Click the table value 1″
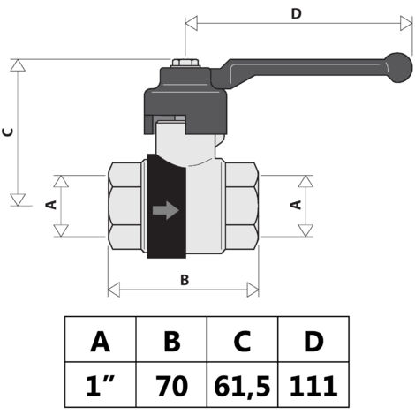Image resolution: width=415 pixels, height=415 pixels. pos(100,386)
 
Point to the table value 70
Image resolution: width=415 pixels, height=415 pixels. pos(172,386)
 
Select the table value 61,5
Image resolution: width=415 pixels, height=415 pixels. pos(242,386)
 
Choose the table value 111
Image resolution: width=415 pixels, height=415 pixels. pos(313,386)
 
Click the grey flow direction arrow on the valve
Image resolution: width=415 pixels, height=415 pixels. pos(166,210)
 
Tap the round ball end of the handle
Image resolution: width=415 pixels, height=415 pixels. pos(398,67)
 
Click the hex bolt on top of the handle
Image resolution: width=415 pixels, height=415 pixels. pos(185,63)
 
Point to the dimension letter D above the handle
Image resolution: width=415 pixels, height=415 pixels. pos(296,13)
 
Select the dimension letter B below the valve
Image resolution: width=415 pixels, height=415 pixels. pos(185,280)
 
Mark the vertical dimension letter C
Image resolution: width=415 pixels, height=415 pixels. pos(8,132)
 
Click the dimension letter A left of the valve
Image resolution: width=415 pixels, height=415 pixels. pos(51,205)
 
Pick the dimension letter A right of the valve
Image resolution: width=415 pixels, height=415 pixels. pos(296,205)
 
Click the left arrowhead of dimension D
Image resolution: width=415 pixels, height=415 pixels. pos(192,24)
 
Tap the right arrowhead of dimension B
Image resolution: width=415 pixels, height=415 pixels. pos(253,290)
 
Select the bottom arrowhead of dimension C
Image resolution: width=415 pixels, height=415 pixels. pos(18,200)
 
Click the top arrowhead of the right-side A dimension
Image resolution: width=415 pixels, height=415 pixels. pos(306,181)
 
